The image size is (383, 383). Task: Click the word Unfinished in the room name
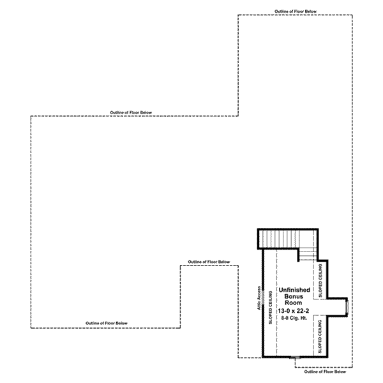tap(294, 290)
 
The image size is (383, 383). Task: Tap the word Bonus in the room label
tap(294, 297)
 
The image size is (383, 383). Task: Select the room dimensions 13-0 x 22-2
tap(294, 311)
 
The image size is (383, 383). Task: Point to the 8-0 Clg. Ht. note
tap(294, 318)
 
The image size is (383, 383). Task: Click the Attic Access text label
tap(259, 298)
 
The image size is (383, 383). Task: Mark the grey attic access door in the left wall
tap(263, 297)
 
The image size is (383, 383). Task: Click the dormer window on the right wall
tap(347, 307)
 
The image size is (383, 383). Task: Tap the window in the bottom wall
tap(296, 358)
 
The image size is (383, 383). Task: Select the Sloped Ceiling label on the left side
tap(271, 308)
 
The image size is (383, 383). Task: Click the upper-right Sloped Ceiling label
tap(320, 280)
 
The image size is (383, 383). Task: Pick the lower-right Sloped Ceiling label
tap(320, 336)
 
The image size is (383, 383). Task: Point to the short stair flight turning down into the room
tap(308, 254)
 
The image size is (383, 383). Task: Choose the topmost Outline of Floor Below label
tap(296, 11)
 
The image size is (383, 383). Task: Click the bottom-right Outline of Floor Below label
tap(325, 372)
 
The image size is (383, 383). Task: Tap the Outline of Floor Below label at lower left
tap(107, 323)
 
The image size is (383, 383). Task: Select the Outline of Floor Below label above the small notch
tap(209, 262)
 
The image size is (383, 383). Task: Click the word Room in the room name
tap(294, 303)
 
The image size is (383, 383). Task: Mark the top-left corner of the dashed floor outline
tap(31, 116)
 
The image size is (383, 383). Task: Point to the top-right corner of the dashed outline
tap(352, 15)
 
